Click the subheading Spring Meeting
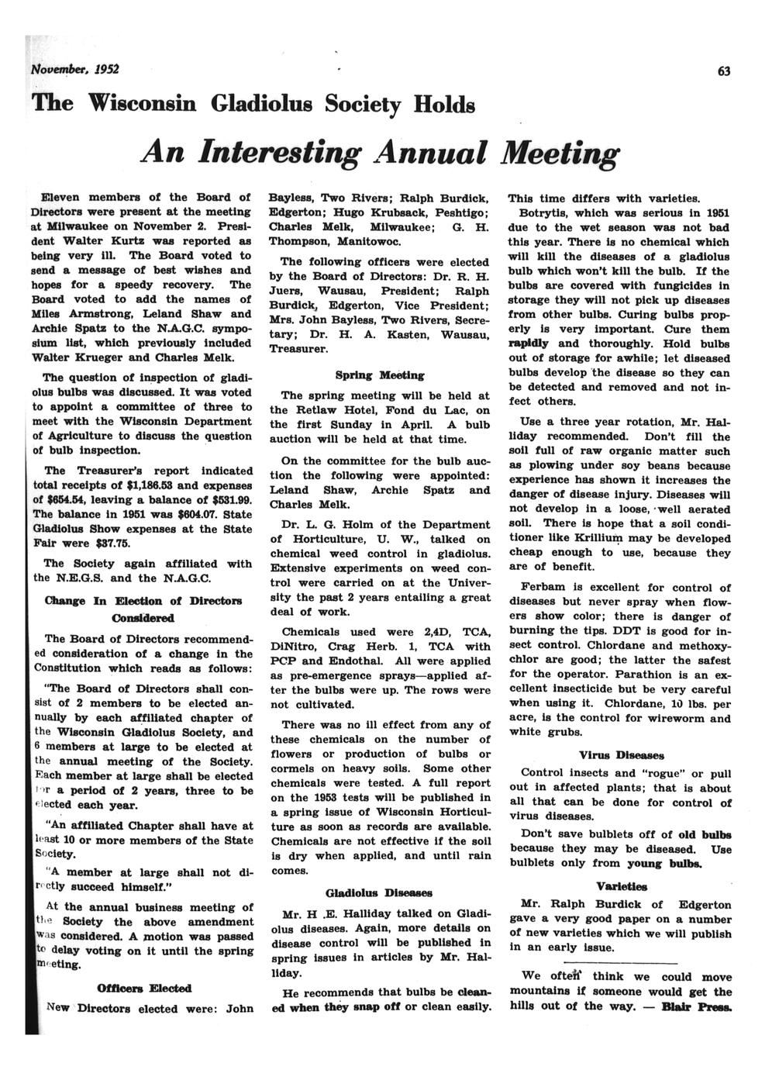click(x=380, y=375)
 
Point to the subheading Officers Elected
click(x=144, y=989)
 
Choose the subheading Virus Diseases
click(x=621, y=754)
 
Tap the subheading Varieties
click(x=621, y=885)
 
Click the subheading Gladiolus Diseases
click(x=379, y=892)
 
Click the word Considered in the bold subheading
click(x=143, y=618)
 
